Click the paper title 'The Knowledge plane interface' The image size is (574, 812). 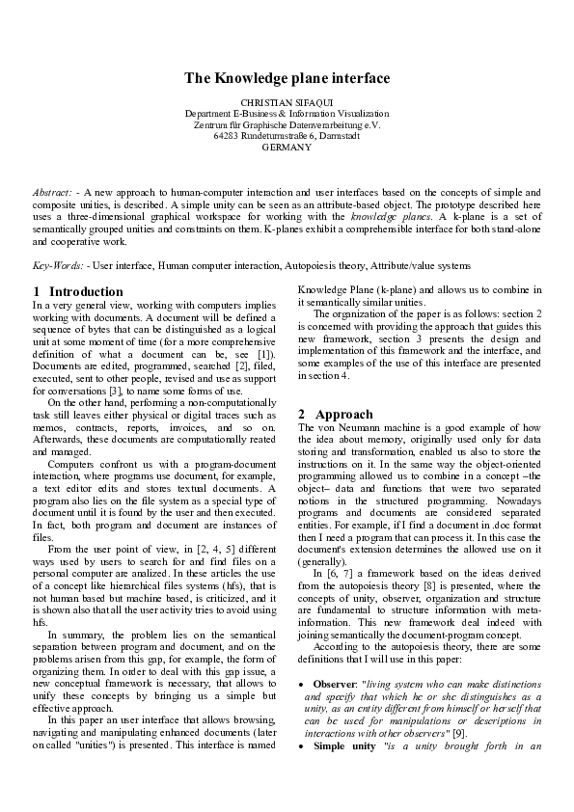[287, 78]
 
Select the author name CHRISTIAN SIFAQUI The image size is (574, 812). [287, 102]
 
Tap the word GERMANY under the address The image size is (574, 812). [287, 148]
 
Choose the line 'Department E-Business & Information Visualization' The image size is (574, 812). [287, 114]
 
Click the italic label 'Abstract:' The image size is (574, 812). [51, 193]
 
